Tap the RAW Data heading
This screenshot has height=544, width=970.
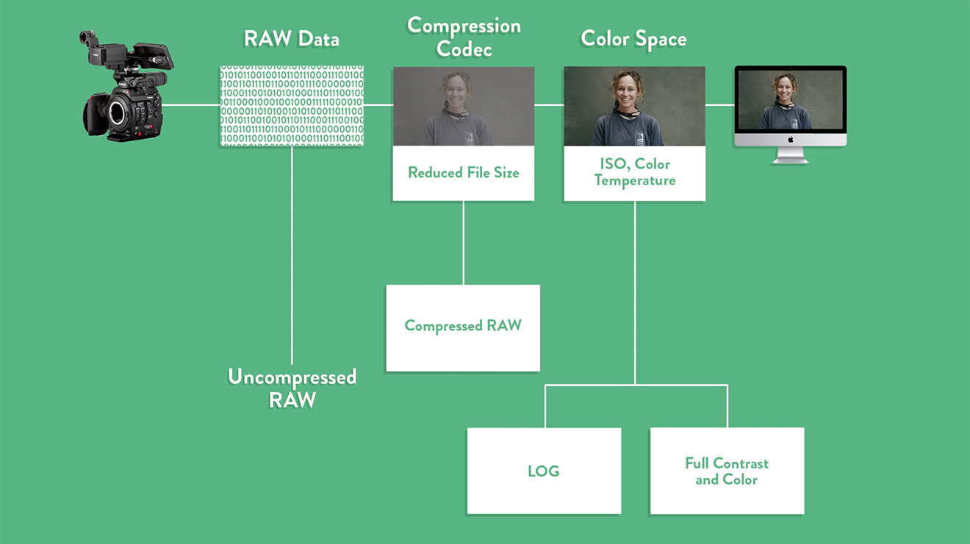pyautogui.click(x=292, y=39)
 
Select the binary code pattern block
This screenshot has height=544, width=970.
pyautogui.click(x=292, y=105)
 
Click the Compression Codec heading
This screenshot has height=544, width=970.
pyautogui.click(x=464, y=37)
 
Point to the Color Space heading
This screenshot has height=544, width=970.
pyautogui.click(x=633, y=39)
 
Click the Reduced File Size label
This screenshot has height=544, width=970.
pyautogui.click(x=464, y=173)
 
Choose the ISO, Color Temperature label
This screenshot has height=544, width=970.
pyautogui.click(x=635, y=172)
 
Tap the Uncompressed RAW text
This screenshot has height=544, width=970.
pyautogui.click(x=292, y=388)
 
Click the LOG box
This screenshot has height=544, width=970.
pyautogui.click(x=544, y=470)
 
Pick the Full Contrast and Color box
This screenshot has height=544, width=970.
pyautogui.click(x=727, y=470)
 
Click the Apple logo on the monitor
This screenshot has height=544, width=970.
pyautogui.click(x=791, y=139)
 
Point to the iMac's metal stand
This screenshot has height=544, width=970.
pyautogui.click(x=791, y=154)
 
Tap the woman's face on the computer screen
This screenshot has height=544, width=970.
pyautogui.click(x=785, y=86)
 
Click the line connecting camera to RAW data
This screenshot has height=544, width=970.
pyautogui.click(x=190, y=105)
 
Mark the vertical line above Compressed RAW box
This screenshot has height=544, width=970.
pyautogui.click(x=464, y=243)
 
